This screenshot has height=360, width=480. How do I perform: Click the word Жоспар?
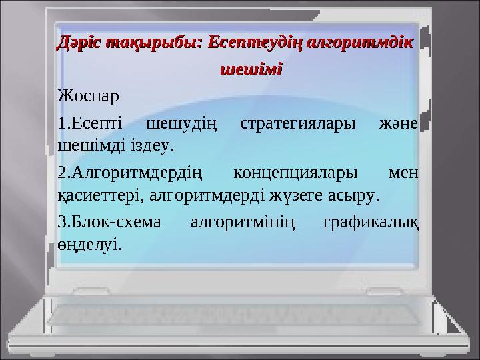pyautogui.click(x=88, y=97)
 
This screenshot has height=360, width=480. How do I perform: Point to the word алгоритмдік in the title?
pyautogui.click(x=359, y=43)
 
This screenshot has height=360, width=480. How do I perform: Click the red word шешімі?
pyautogui.click(x=251, y=69)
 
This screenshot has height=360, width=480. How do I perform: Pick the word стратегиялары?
pyautogui.click(x=298, y=124)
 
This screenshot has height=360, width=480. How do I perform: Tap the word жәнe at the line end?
pyautogui.click(x=399, y=124)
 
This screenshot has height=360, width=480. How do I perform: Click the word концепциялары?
pyautogui.click(x=295, y=173)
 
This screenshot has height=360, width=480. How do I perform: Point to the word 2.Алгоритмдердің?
pyautogui.click(x=130, y=173)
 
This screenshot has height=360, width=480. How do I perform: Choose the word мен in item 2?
pyautogui.click(x=403, y=173)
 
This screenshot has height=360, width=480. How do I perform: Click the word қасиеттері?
pyautogui.click(x=99, y=195)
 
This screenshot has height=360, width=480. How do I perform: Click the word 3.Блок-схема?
pyautogui.click(x=109, y=221)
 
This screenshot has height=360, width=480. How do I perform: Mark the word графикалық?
pyautogui.click(x=371, y=222)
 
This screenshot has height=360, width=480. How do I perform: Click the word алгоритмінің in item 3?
pyautogui.click(x=243, y=223)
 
